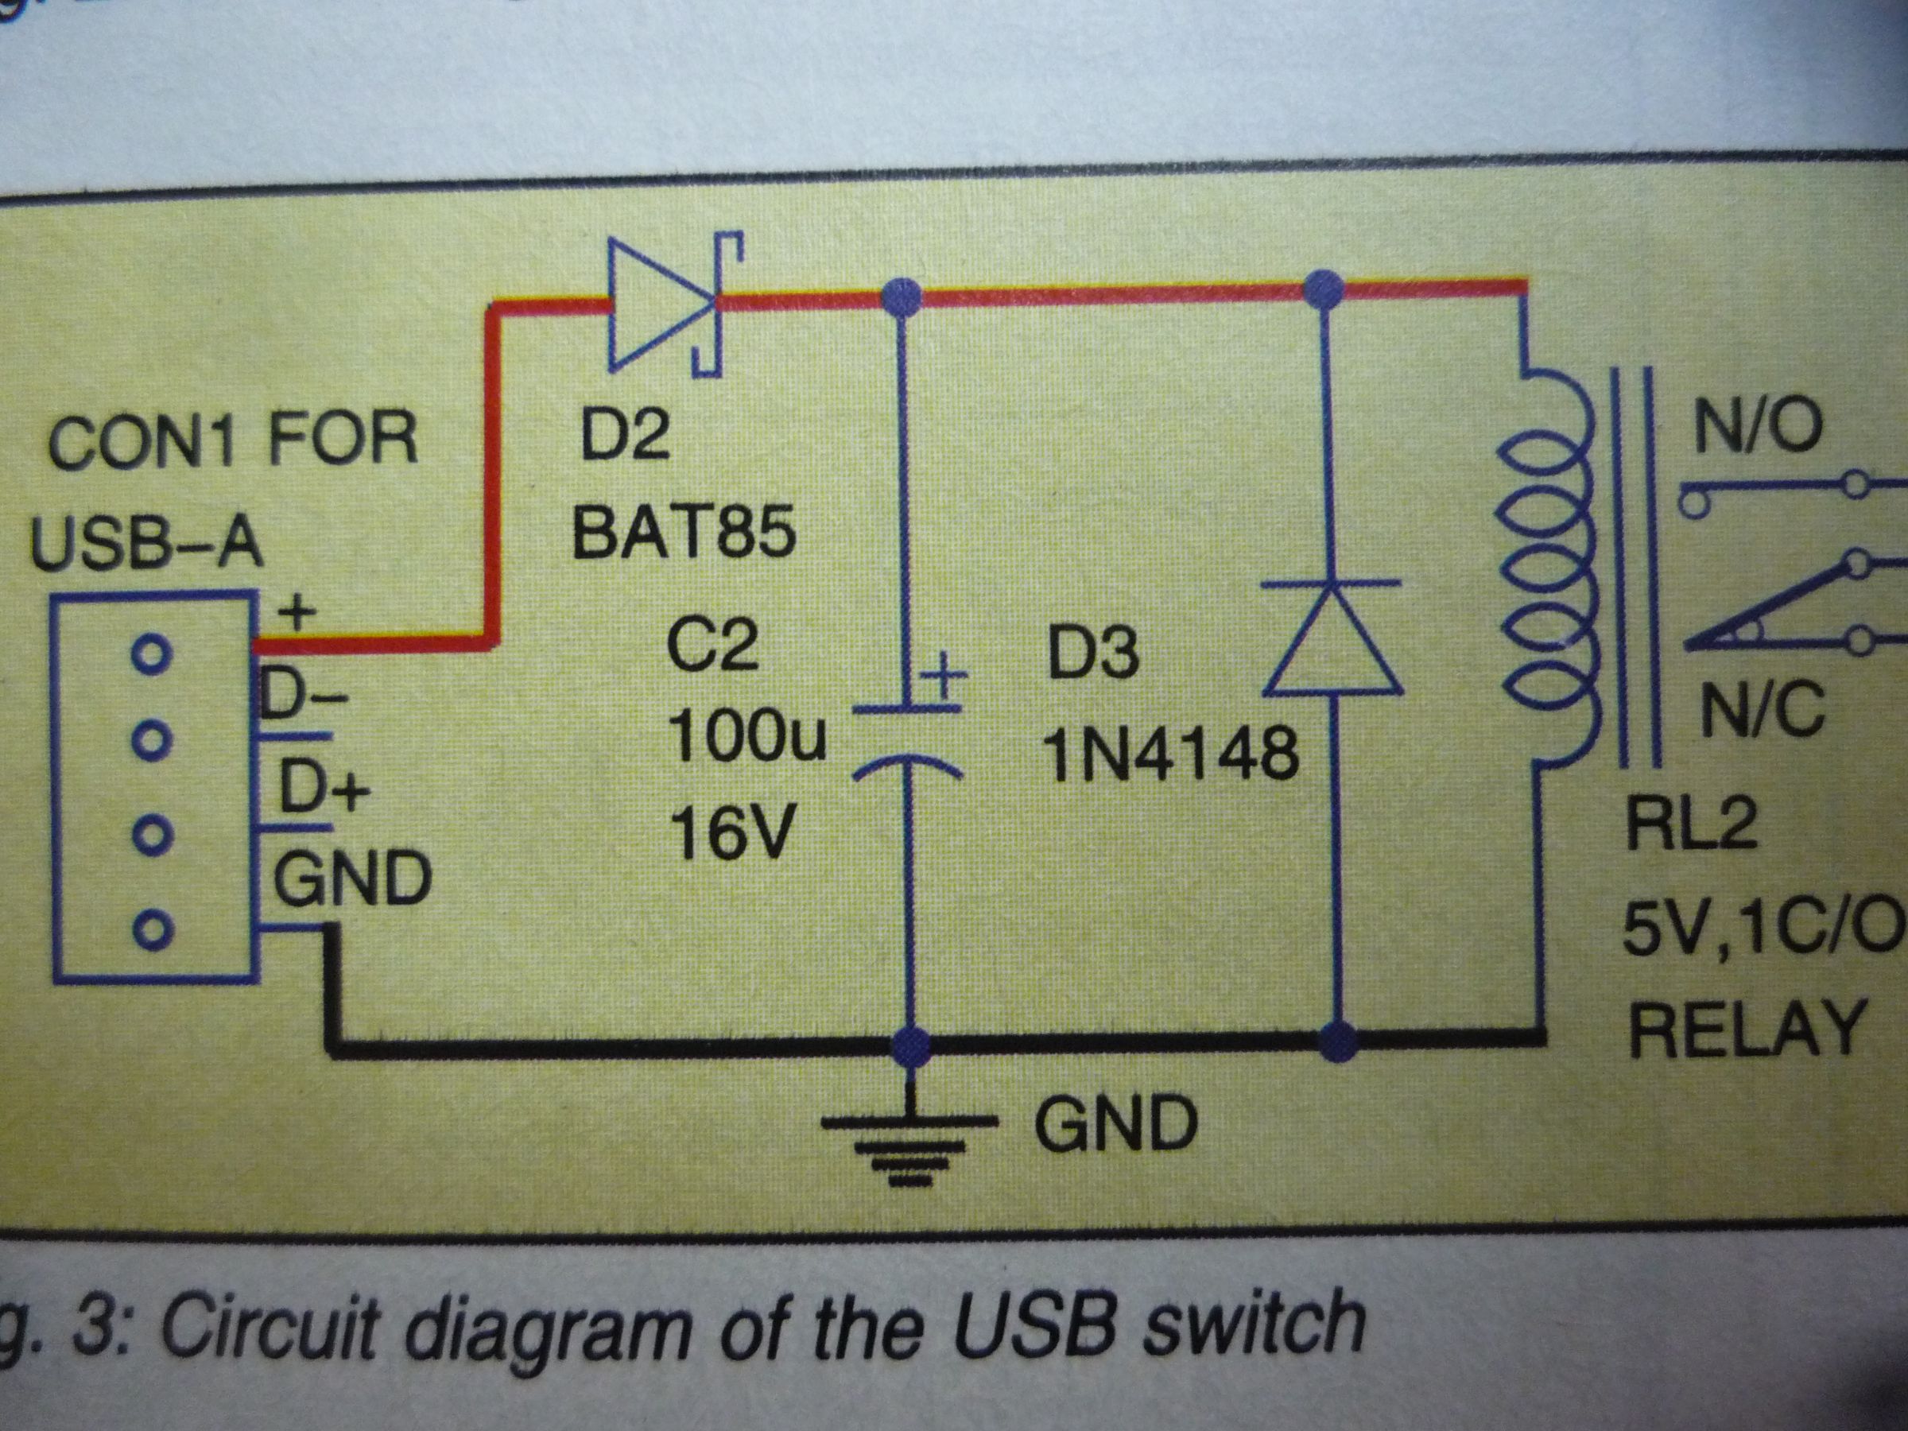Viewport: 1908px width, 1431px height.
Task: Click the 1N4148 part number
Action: [1171, 754]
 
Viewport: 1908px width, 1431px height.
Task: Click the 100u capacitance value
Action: [747, 737]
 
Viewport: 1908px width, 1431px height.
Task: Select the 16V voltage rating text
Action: [731, 833]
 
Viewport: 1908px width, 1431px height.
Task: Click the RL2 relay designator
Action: [1692, 824]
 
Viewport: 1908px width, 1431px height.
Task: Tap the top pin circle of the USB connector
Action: [152, 653]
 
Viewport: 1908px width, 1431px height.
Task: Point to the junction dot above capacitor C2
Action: [902, 297]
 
